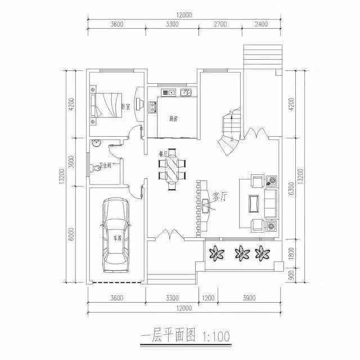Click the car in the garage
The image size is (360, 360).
click(x=115, y=235)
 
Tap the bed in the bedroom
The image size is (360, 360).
click(x=107, y=105)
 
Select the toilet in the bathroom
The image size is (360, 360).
click(x=94, y=168)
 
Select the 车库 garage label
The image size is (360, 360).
click(x=117, y=238)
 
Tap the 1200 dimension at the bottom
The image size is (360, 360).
click(x=208, y=298)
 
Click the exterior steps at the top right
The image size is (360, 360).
click(x=261, y=57)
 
